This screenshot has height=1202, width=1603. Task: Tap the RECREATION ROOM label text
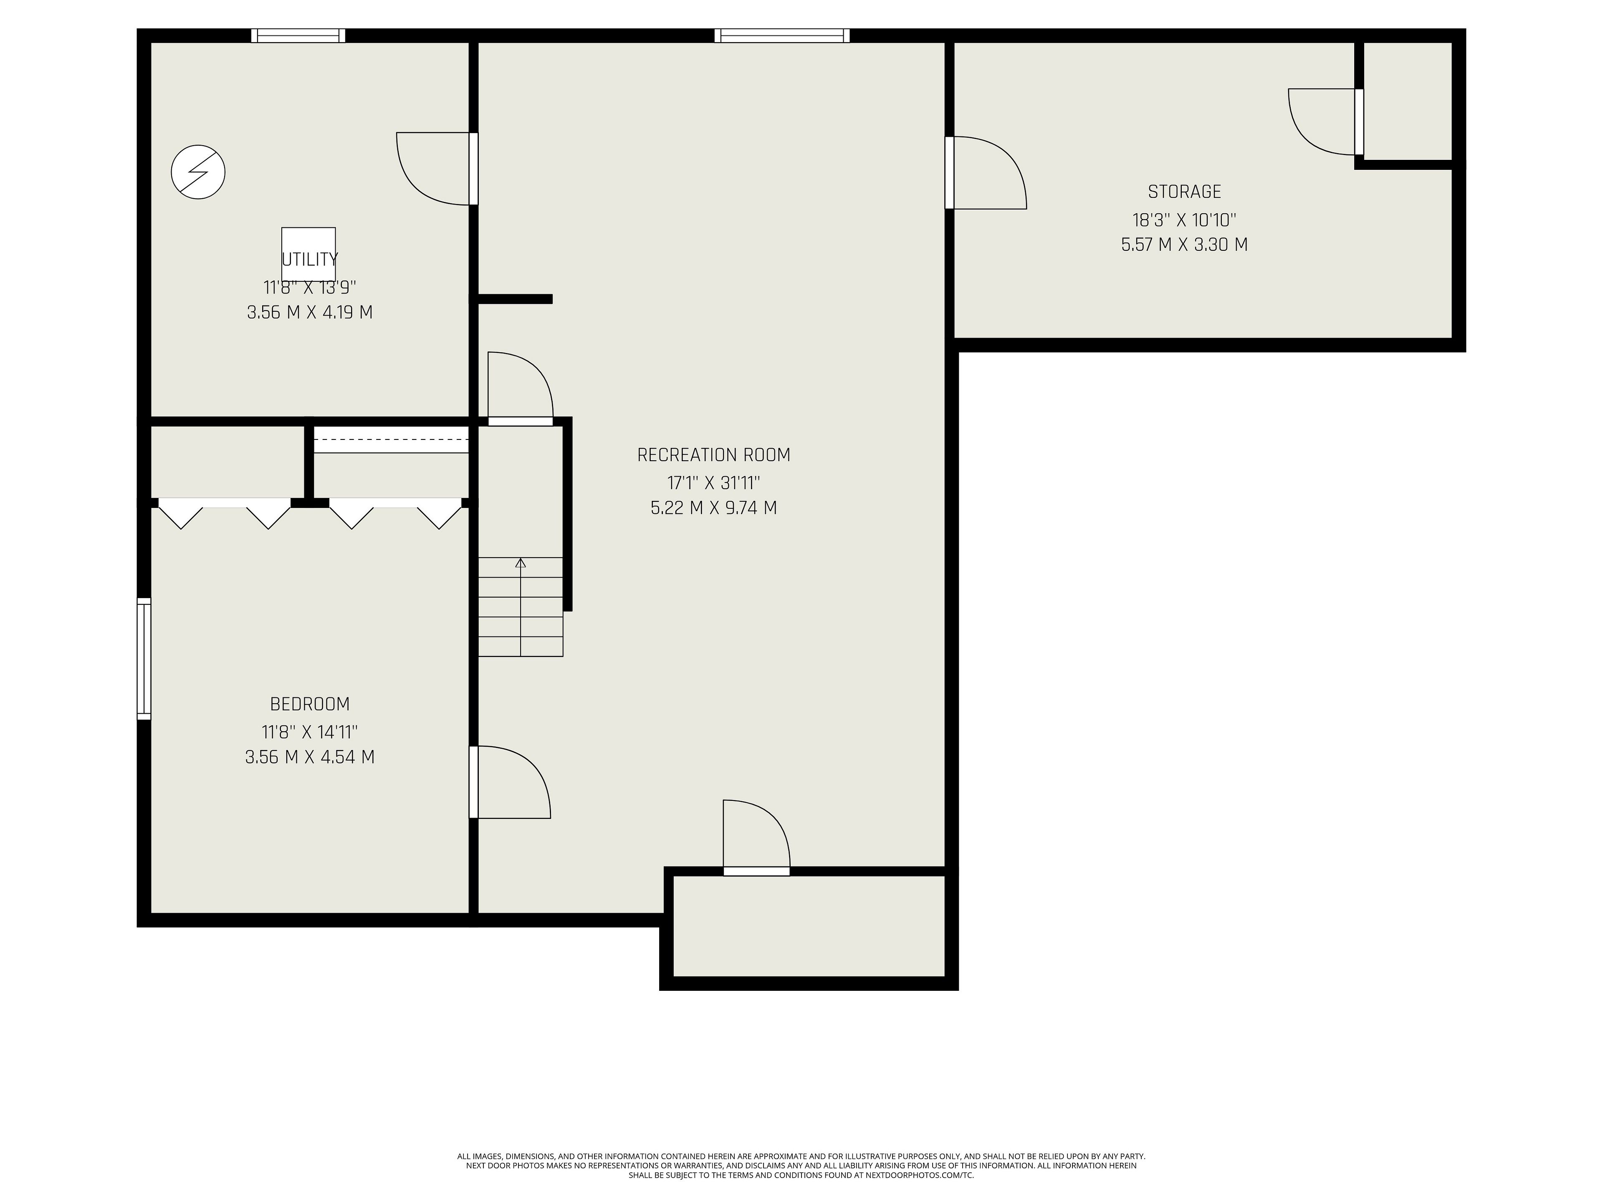pyautogui.click(x=714, y=455)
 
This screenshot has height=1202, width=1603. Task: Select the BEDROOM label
pyautogui.click(x=310, y=704)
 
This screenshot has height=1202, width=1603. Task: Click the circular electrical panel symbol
pyautogui.click(x=198, y=172)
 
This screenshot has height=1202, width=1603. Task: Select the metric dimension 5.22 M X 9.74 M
pyautogui.click(x=714, y=508)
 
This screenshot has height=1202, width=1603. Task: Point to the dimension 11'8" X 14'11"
pyautogui.click(x=310, y=732)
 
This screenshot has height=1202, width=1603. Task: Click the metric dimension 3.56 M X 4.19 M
pyautogui.click(x=310, y=312)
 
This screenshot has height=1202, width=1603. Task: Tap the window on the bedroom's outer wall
pyautogui.click(x=144, y=659)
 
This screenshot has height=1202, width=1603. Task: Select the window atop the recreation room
pyautogui.click(x=782, y=35)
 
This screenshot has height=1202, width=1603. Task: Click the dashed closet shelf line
pyautogui.click(x=391, y=439)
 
